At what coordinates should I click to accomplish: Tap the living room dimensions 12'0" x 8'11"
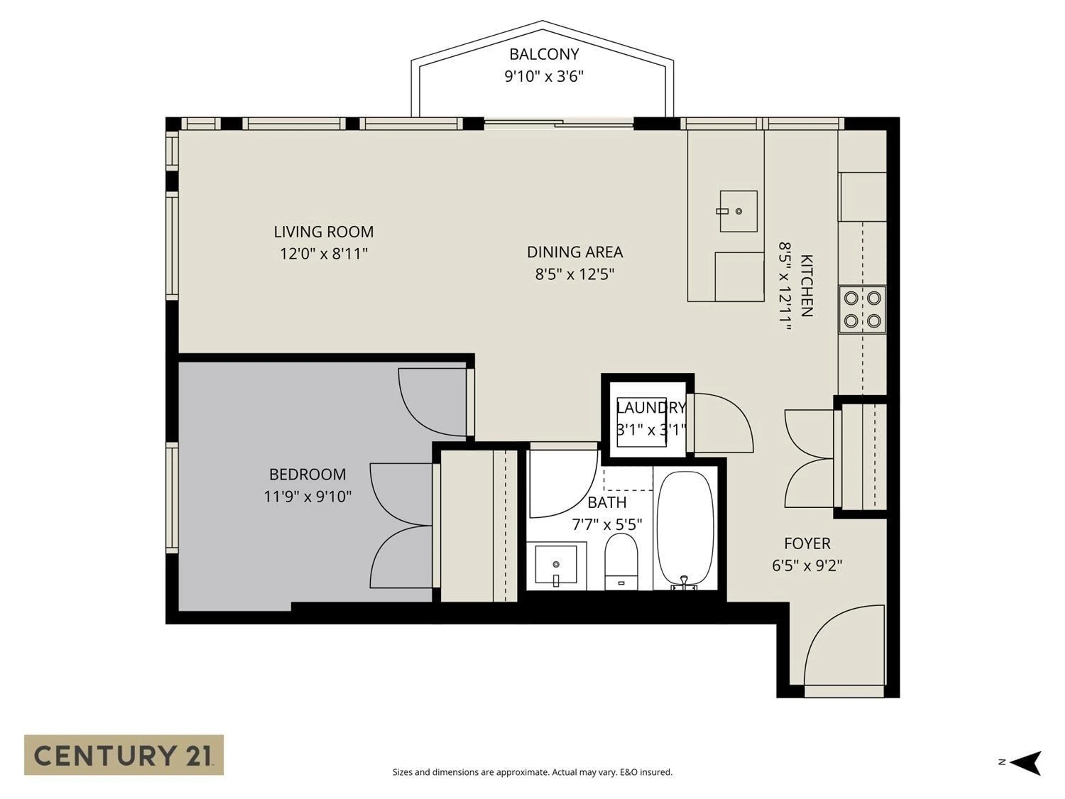coord(324,254)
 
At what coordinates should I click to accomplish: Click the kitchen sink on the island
coord(738,211)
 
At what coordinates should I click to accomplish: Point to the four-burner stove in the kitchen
coord(862,309)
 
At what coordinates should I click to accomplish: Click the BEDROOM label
coord(307,474)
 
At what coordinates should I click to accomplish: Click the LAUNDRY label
coord(651,408)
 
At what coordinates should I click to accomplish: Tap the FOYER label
coord(807,543)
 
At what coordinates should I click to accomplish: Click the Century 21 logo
coord(124,755)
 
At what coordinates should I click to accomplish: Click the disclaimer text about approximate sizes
coord(532,772)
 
